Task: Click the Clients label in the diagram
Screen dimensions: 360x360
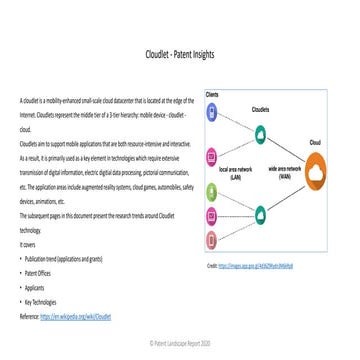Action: pos(213,94)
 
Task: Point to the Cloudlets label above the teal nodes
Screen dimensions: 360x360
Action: pos(261,108)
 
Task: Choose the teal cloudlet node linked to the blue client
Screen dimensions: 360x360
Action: pos(261,132)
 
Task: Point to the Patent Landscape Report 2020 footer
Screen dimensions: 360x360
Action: pos(180,342)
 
